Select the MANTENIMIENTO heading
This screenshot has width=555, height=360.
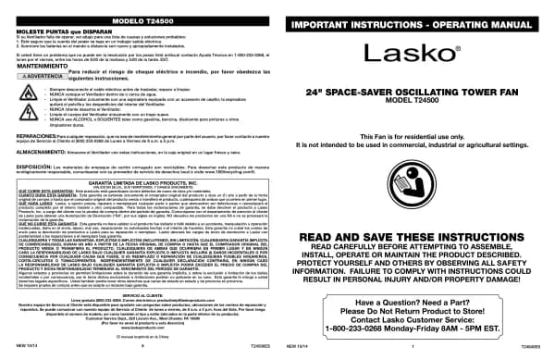click(43, 64)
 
